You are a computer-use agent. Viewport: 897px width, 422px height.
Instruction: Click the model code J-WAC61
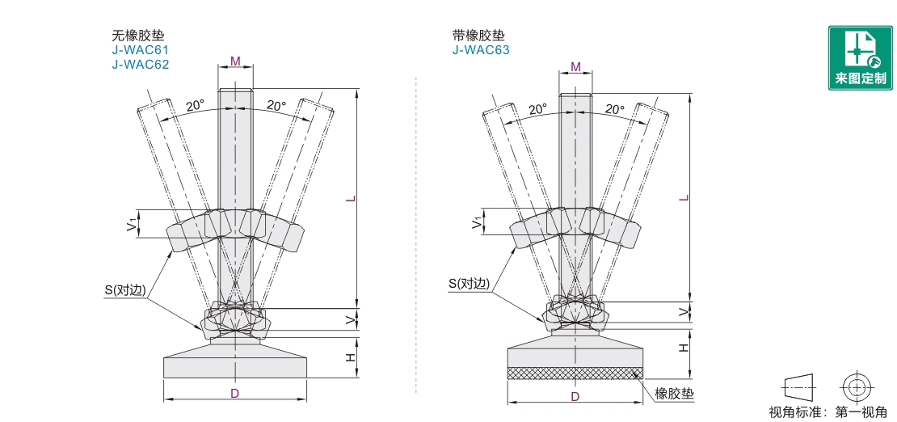point(141,50)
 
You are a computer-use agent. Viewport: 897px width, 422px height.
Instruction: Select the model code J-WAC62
point(141,65)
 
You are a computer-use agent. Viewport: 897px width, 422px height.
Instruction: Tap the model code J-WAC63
point(481,50)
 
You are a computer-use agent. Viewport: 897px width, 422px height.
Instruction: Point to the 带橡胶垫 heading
point(478,36)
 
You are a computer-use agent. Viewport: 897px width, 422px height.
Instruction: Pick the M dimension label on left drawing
point(235,61)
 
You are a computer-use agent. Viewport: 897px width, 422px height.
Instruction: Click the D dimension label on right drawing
point(575,396)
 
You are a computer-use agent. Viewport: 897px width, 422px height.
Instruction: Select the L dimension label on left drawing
point(349,200)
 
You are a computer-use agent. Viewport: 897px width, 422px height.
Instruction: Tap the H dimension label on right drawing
point(683,347)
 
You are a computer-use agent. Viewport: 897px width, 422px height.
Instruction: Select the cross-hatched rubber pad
point(575,373)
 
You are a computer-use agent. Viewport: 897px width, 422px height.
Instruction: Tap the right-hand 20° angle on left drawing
point(276,106)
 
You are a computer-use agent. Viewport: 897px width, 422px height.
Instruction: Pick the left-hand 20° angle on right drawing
point(537,109)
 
